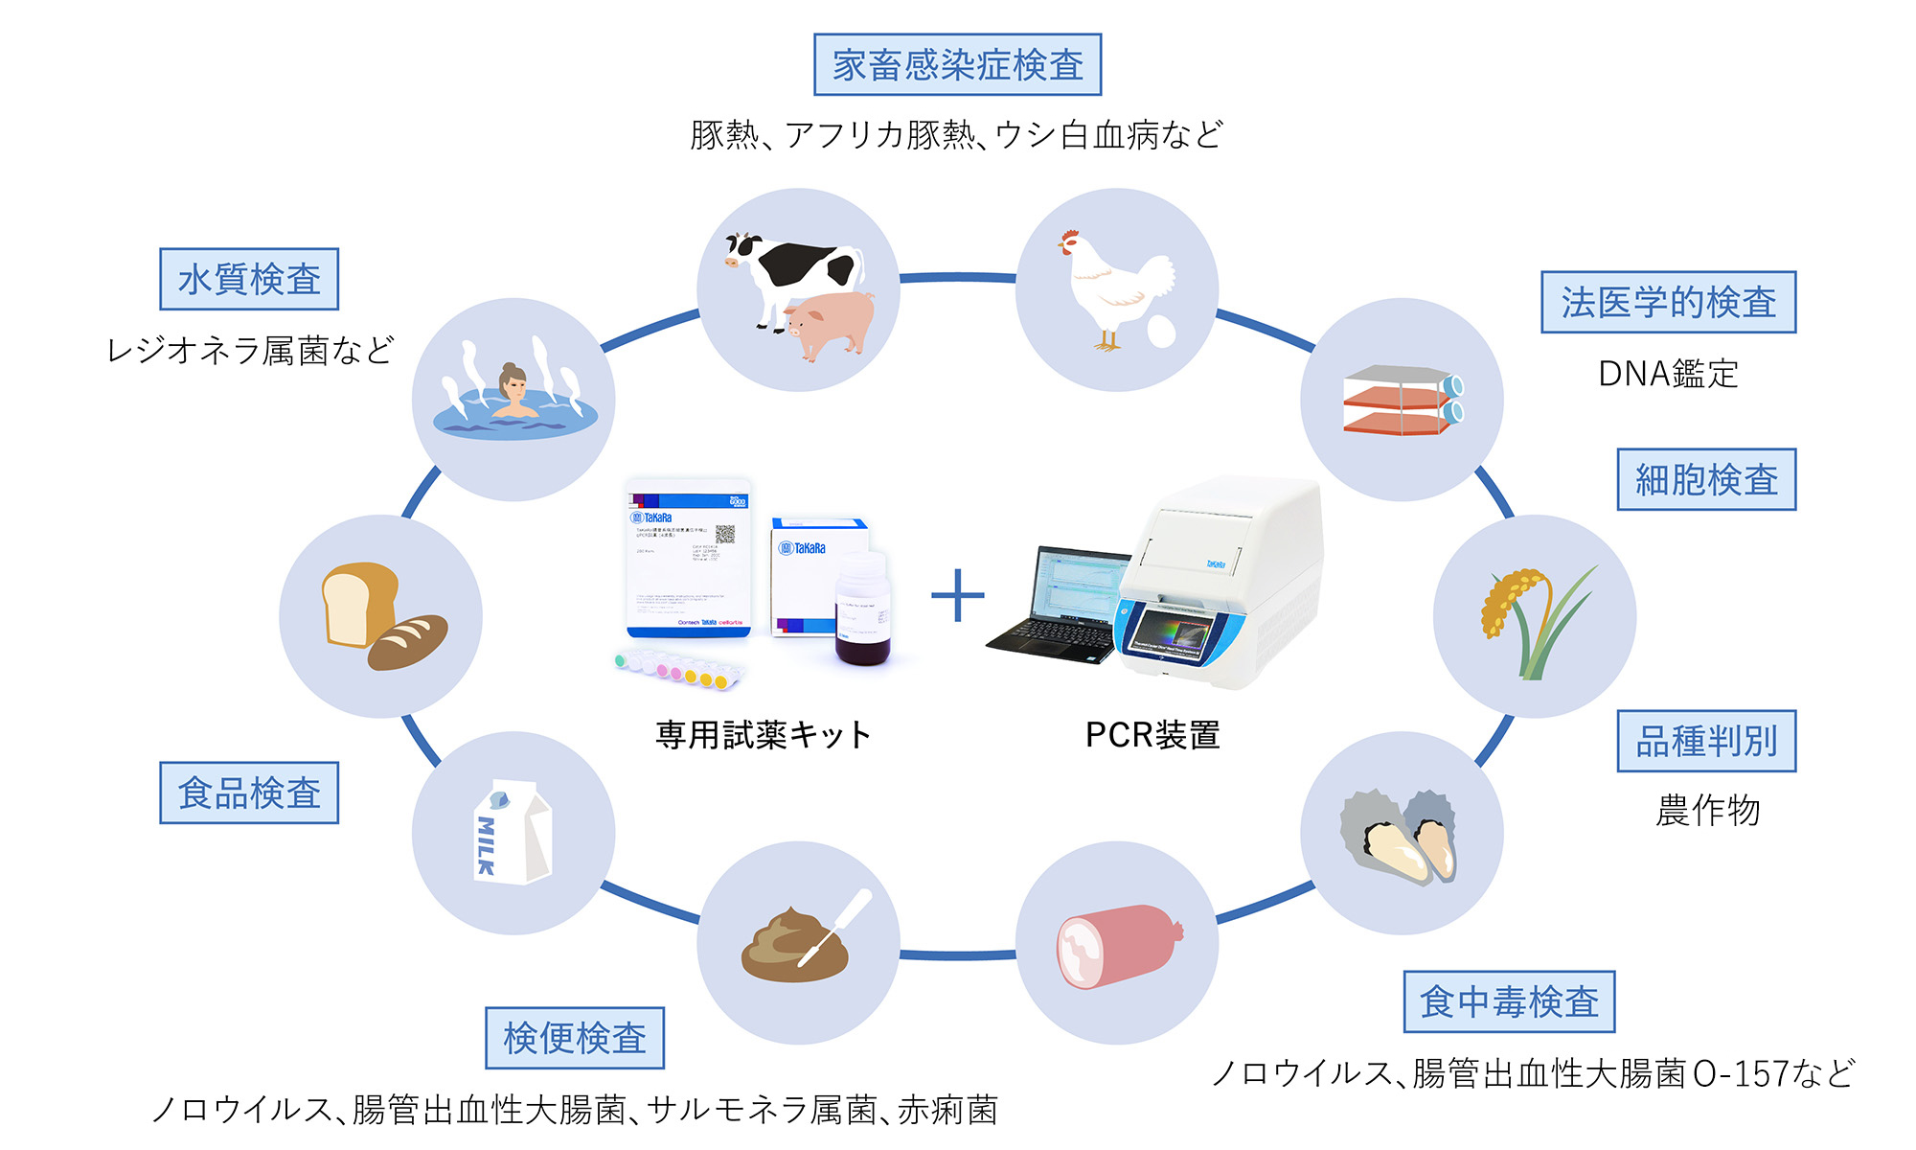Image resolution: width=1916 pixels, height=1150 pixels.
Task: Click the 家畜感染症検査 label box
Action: (x=957, y=65)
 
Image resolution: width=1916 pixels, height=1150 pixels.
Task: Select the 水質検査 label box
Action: (x=249, y=279)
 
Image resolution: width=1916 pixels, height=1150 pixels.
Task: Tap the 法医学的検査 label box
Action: (x=1668, y=302)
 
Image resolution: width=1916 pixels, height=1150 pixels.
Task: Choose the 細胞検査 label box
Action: (x=1706, y=479)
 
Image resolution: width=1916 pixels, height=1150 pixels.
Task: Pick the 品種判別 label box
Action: (x=1706, y=741)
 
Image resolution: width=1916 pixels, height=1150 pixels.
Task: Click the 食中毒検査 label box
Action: (x=1509, y=1001)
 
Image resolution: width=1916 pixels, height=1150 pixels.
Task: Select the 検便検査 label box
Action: (x=575, y=1038)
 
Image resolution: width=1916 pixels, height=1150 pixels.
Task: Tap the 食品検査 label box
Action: (x=249, y=793)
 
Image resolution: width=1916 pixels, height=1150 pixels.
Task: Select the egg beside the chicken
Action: (x=1161, y=332)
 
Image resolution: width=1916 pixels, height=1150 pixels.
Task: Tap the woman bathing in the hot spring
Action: (x=513, y=393)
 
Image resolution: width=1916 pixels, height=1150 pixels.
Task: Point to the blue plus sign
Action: (x=957, y=595)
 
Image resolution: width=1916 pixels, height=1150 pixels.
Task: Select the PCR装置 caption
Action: (x=1152, y=735)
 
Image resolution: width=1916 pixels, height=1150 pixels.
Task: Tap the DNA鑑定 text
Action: (x=1668, y=374)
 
